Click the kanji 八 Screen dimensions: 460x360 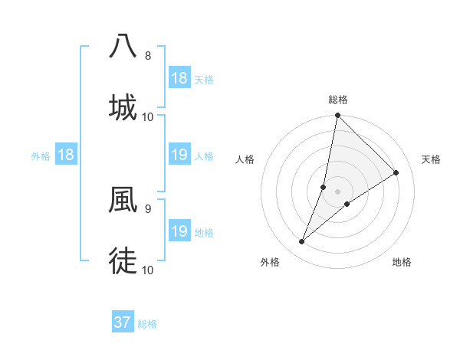[x=123, y=46]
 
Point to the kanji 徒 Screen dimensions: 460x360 [x=123, y=262]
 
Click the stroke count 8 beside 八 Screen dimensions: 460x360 [x=148, y=56]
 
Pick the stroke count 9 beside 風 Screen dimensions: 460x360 [x=148, y=208]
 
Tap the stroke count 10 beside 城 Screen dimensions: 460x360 [x=148, y=116]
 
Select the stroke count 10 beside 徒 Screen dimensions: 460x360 [x=148, y=270]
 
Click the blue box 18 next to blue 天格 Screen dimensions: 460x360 [x=179, y=78]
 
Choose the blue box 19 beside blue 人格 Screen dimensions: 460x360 [x=179, y=155]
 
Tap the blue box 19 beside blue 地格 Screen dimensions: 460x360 [x=179, y=231]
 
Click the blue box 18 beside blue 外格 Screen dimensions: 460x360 [x=66, y=155]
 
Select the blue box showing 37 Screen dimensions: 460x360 [x=122, y=322]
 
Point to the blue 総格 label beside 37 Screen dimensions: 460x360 [x=147, y=324]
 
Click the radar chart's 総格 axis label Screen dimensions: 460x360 [x=338, y=100]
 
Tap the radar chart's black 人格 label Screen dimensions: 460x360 [x=245, y=159]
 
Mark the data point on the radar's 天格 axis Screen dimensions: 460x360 [x=396, y=172]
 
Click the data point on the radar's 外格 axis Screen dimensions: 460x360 [x=302, y=242]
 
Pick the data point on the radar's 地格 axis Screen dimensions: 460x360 [x=347, y=204]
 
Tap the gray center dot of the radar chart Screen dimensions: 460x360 [x=338, y=191]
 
